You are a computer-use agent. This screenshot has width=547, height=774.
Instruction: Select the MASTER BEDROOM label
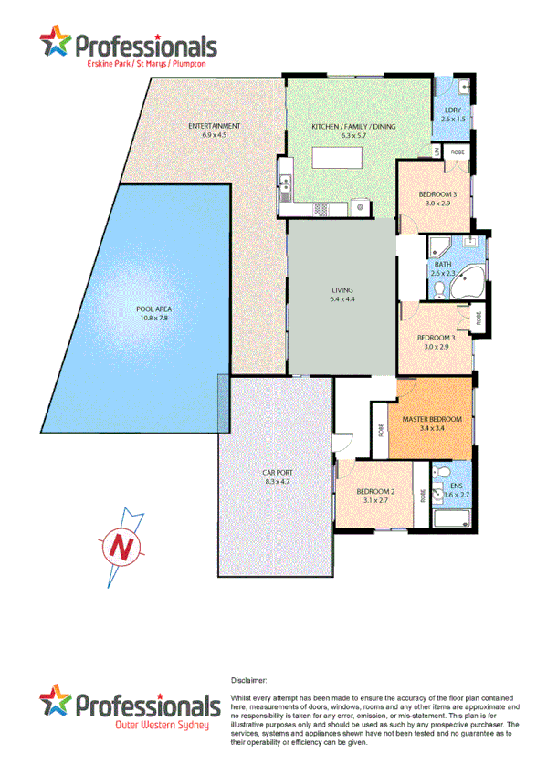point(432,419)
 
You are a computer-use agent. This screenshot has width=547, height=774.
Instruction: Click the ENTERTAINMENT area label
point(214,125)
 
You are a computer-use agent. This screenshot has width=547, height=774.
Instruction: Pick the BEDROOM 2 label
point(375,493)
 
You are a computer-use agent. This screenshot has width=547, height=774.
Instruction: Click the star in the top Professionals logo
point(56,41)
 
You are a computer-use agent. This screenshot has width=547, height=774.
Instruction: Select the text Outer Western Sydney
point(161,726)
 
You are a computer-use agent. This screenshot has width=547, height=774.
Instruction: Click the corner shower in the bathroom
point(440,246)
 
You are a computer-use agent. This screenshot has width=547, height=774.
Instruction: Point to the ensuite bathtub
point(451,518)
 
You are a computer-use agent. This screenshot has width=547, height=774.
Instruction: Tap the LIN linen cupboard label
point(437,151)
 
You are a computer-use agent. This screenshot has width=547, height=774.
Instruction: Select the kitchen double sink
point(322,209)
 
